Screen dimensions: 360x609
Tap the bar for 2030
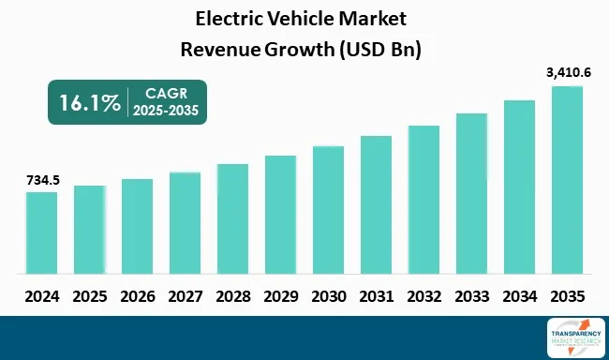pos(328,210)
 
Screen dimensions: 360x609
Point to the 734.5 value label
pos(41,179)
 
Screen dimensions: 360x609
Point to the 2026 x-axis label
pos(137,295)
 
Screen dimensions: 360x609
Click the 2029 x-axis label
pos(280,295)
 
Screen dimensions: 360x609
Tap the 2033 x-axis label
pos(471,295)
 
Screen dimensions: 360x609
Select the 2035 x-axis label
pos(567,295)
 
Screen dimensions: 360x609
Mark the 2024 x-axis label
pos(41,295)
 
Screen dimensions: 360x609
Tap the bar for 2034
pos(519,187)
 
